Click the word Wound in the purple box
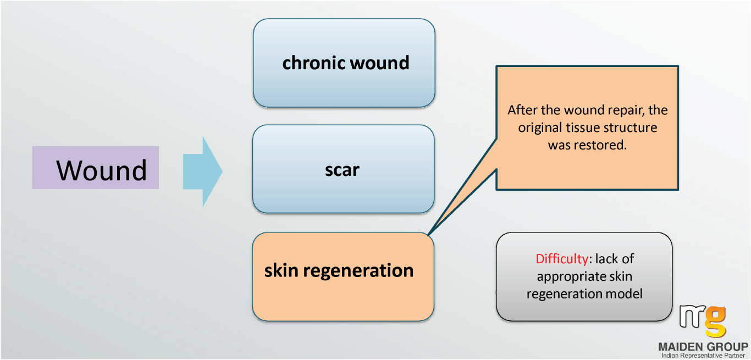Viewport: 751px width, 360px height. [102, 170]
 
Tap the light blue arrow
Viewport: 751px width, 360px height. [202, 171]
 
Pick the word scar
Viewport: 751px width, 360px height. [343, 170]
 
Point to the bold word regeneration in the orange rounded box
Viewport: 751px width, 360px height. [358, 272]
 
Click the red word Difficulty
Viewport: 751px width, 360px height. [561, 259]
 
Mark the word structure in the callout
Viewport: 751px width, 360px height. [631, 128]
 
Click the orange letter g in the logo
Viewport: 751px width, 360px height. [715, 321]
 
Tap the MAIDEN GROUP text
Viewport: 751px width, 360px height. [703, 347]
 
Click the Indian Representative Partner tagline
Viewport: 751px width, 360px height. [703, 355]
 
